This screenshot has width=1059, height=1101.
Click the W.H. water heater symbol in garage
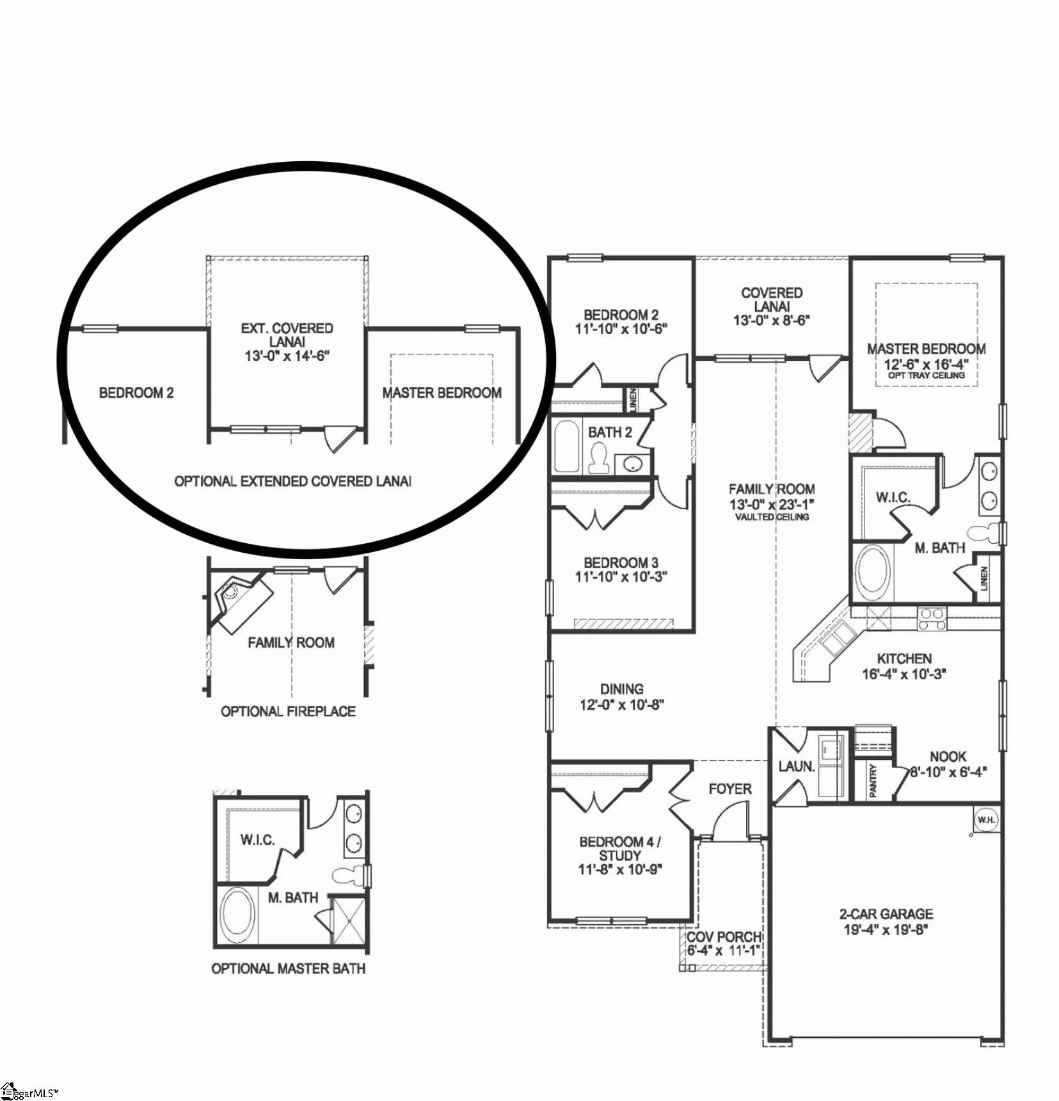point(985,820)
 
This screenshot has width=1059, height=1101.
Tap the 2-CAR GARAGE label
point(886,914)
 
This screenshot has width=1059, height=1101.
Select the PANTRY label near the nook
point(873,781)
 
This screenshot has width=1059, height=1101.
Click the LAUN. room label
point(797,766)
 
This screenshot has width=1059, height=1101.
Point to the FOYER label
point(730,789)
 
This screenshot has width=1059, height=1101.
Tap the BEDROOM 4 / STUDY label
point(620,848)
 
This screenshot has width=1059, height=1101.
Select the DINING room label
point(621,689)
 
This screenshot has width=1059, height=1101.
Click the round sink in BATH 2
point(632,463)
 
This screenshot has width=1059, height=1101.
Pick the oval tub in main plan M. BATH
point(873,571)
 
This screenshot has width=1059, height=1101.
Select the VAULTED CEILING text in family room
point(772,517)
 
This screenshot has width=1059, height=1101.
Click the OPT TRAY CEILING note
point(926,376)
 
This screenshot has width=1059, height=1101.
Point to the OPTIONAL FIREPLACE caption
point(288,711)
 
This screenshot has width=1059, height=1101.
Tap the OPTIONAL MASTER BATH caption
point(288,969)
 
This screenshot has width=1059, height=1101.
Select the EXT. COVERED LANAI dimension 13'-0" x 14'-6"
point(287,356)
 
